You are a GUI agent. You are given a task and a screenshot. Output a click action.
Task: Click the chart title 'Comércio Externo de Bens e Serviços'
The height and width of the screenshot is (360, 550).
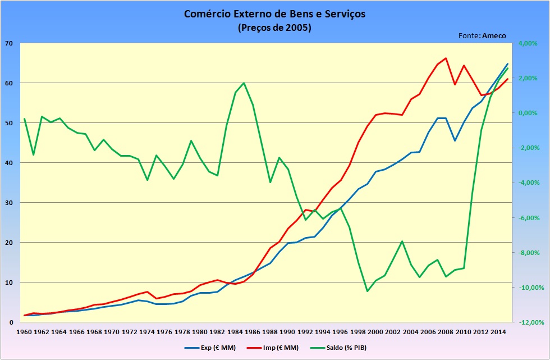[274, 13]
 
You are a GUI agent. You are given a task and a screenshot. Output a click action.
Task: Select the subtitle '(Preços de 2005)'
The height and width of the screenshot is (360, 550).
[274, 27]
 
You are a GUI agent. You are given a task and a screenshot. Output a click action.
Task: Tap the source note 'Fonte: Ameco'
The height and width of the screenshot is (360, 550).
[482, 36]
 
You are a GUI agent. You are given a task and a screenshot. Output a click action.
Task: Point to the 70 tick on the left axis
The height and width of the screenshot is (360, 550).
[8, 43]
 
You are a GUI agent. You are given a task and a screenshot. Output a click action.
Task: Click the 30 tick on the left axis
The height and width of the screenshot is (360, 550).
[8, 203]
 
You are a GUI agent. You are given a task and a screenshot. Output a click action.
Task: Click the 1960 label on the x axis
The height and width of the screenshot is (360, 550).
[24, 332]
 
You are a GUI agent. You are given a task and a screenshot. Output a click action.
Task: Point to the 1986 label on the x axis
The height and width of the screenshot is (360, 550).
[252, 332]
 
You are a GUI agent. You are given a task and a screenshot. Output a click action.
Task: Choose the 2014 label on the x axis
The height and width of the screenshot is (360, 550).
[498, 332]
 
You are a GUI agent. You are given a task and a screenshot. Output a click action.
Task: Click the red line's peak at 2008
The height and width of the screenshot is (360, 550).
[446, 58]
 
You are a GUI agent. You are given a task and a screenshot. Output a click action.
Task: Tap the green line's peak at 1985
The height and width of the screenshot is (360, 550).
[244, 83]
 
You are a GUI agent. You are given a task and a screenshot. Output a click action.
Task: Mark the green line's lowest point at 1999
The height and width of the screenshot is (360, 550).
[367, 291]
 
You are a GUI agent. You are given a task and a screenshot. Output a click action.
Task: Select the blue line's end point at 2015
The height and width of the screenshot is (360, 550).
[507, 64]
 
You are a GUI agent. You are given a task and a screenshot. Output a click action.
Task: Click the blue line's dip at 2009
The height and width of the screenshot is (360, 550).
[455, 140]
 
